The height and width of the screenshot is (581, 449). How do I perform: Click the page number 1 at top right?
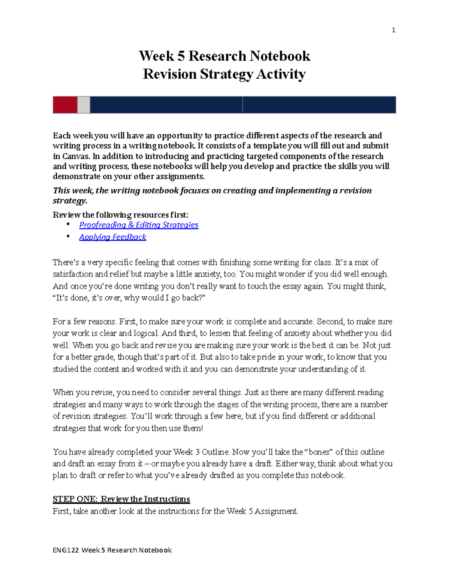[393, 30]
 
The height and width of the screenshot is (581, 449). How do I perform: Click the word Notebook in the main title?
[280, 56]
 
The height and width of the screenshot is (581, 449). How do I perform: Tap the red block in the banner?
[65, 105]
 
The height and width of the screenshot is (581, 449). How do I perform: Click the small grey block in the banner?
[83, 105]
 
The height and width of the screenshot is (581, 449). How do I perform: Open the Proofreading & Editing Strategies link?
[138, 225]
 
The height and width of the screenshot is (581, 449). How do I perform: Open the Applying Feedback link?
[113, 237]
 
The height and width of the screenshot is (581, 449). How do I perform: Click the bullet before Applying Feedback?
[68, 236]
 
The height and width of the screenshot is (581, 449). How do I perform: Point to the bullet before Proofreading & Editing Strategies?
[68, 224]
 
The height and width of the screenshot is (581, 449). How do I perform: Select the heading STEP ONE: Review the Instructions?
[121, 499]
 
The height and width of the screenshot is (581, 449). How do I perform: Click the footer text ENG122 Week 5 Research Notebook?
[112, 550]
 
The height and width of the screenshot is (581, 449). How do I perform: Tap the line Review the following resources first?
[120, 215]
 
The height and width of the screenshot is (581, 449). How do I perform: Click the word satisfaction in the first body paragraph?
[73, 274]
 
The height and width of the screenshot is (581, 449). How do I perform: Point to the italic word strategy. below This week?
[70, 201]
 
